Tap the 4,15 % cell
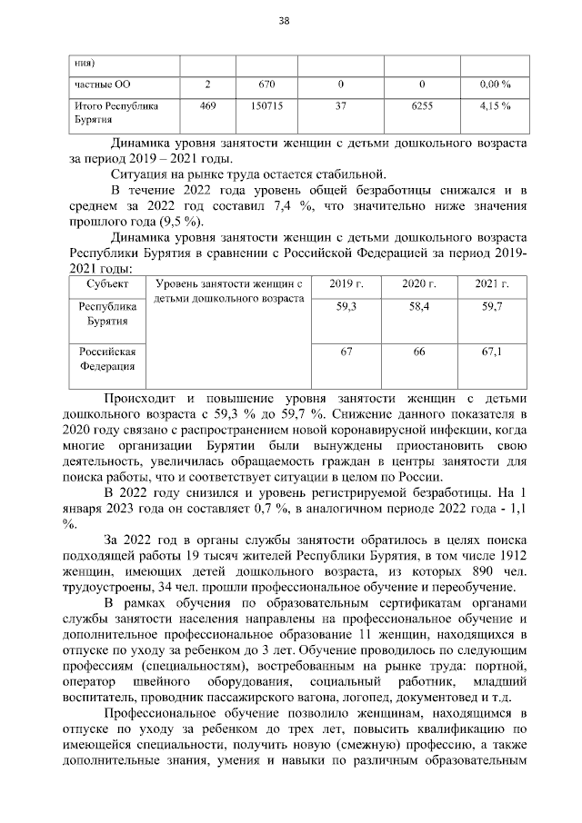pos(495,106)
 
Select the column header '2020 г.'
pos(419,285)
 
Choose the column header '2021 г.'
pos(492,285)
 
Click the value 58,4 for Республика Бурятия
pos(419,308)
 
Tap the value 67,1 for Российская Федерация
pos(492,352)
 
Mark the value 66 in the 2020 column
pos(419,352)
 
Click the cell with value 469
pos(207,106)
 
